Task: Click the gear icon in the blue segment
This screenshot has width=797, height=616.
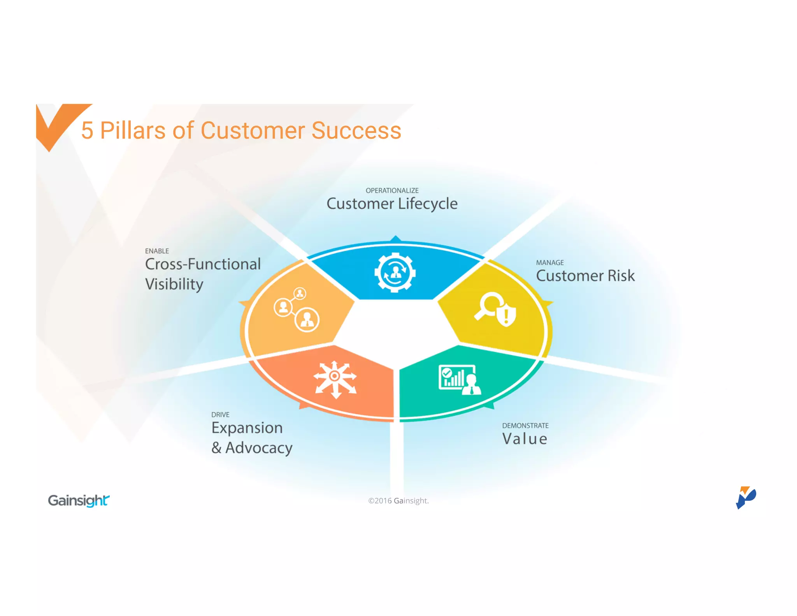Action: [x=395, y=273]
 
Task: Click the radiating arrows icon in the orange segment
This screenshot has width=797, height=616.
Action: [x=335, y=379]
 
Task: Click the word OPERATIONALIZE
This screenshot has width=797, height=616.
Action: [x=392, y=190]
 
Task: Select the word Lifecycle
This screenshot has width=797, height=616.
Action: [x=428, y=204]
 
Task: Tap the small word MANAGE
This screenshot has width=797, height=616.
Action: [x=549, y=263]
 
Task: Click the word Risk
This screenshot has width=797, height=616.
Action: [x=621, y=276]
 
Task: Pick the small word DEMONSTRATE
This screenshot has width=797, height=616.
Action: [x=525, y=426]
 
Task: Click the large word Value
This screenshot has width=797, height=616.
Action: [x=525, y=439]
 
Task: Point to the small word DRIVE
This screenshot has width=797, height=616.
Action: [x=220, y=415]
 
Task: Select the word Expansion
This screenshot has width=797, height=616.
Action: [x=247, y=428]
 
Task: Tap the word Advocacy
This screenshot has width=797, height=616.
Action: [x=259, y=448]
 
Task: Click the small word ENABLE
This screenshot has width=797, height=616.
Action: [x=157, y=251]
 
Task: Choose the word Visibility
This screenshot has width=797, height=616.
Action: [x=174, y=284]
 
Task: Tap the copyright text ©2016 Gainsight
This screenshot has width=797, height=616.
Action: [x=398, y=501]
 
